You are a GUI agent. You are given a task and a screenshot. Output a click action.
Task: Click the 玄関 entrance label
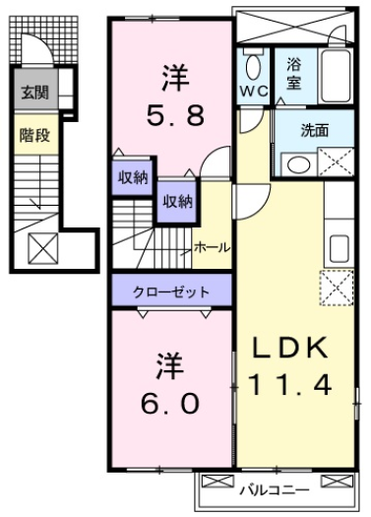point(34,95)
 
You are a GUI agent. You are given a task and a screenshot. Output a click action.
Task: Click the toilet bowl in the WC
point(253,68)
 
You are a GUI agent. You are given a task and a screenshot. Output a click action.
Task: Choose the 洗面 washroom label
point(314,128)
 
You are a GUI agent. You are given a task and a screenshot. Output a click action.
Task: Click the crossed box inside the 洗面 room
point(337,161)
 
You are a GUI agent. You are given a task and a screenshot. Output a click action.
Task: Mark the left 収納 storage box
point(134,178)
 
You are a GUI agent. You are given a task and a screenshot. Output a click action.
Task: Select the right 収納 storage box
point(177,202)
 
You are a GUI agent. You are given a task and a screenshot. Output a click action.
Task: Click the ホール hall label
point(213,246)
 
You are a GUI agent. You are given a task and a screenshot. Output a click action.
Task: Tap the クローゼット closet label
point(172,291)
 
